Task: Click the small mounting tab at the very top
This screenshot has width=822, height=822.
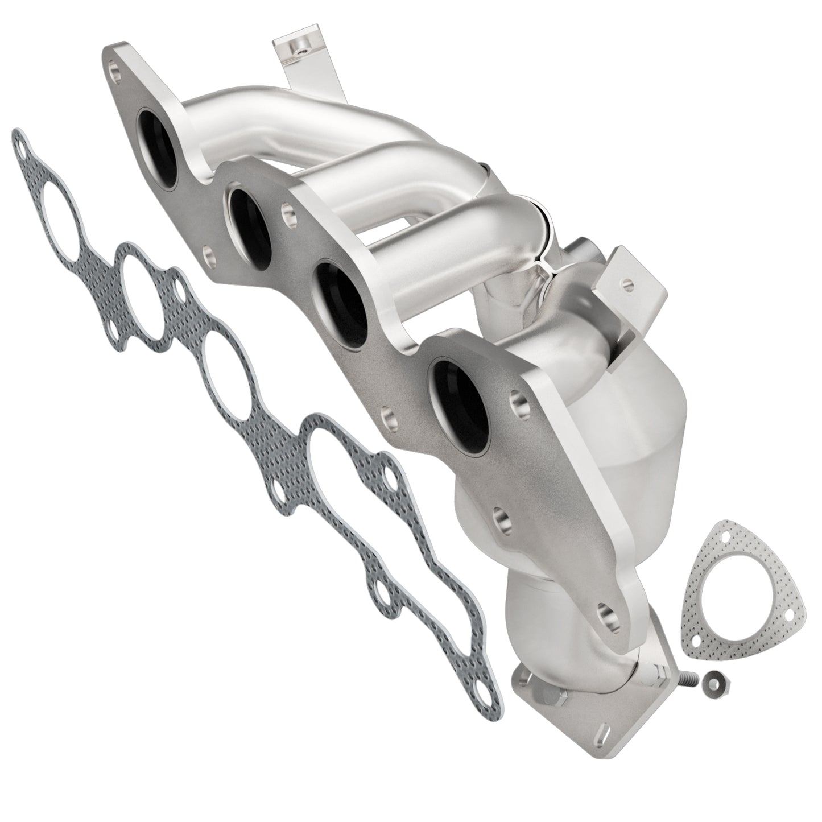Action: click(x=296, y=55)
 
